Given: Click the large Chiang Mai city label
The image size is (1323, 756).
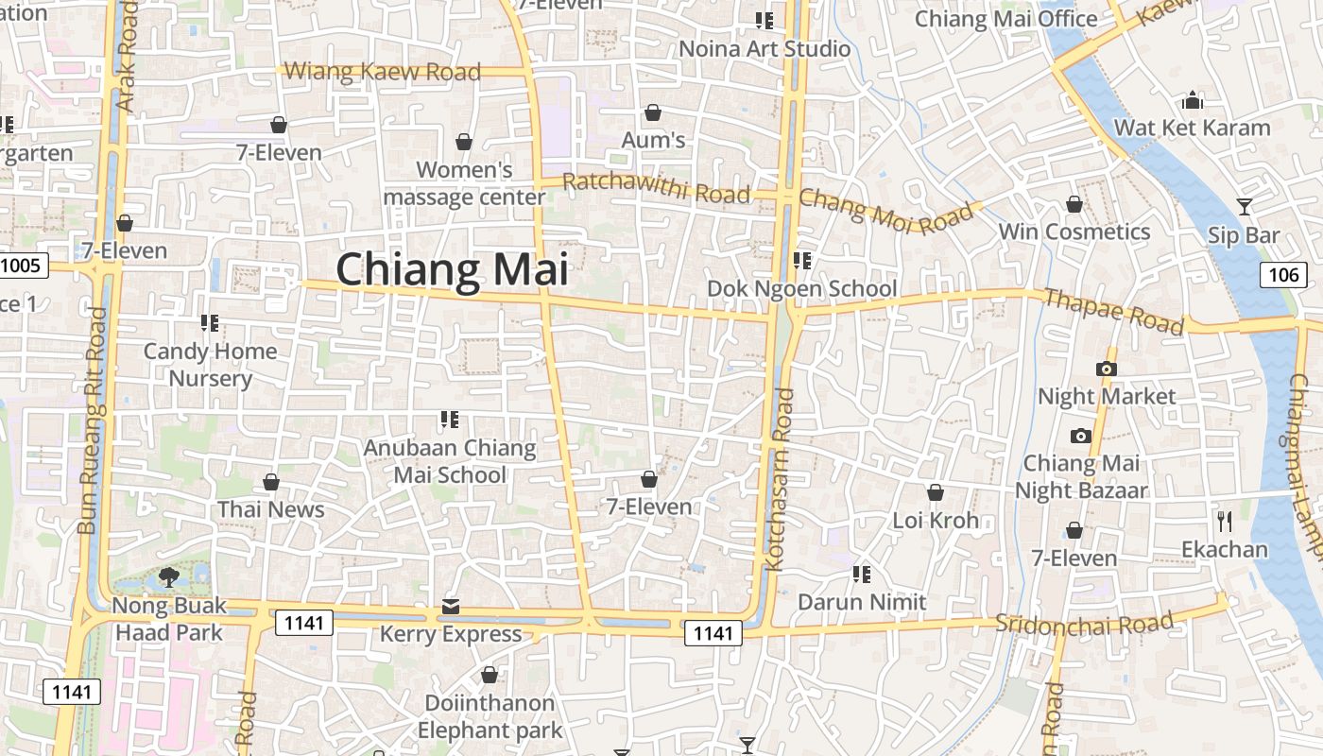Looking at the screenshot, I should pos(453,269).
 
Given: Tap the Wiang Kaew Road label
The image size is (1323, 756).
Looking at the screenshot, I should pos(382,71).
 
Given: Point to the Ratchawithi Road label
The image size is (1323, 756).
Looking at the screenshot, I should pos(656,187).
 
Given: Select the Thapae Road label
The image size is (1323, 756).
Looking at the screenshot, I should pos(1113,312).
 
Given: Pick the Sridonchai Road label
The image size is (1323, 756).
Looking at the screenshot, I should pos(1084,623).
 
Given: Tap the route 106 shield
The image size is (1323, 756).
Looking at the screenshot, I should pos(1283,275).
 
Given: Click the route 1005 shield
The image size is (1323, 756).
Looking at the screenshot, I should pos(21,265).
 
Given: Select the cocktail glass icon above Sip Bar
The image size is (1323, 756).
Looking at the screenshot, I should pos(1245,207).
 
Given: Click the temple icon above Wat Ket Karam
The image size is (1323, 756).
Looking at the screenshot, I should pos(1193,99).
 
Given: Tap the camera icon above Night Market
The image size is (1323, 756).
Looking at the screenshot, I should pos(1106,369).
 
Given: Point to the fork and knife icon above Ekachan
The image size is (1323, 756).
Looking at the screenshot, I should pos(1225,521).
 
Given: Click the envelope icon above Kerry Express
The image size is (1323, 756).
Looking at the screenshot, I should pos(451,606).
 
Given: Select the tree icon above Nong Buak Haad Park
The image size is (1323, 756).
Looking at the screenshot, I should pos(169,576).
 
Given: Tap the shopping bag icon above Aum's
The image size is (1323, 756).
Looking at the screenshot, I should pos(652,113).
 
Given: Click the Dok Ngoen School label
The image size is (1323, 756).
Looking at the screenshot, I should pos(802,288).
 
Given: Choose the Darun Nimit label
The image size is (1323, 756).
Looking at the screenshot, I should pos(862,602).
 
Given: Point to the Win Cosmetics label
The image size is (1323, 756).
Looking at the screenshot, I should pos(1074,232).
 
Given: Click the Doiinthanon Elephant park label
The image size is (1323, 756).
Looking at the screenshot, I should pos(489,716).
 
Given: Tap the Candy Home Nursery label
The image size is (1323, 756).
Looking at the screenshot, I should pos(210,365).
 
